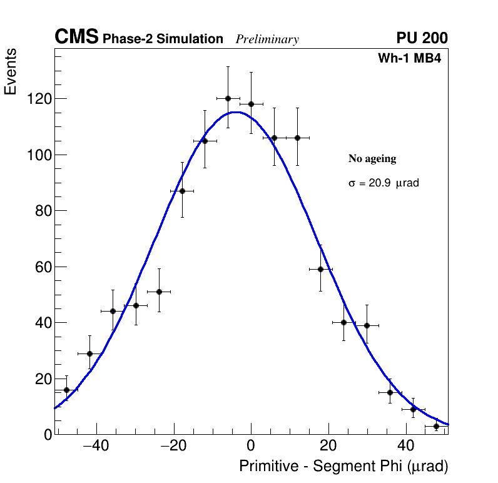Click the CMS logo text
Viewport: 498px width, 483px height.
coord(76,38)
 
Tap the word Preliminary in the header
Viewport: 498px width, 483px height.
coord(267,39)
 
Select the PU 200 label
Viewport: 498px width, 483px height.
coord(422,38)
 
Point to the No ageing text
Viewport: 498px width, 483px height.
coord(372,159)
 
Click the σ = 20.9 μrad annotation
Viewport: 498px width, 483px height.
coord(383,183)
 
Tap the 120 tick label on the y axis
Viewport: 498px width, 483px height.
coord(39,99)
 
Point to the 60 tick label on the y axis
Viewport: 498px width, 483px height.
coord(43,267)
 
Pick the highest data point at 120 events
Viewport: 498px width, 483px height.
coord(228,98)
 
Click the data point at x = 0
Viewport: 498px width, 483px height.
coord(251,104)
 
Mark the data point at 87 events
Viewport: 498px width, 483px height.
coord(182,191)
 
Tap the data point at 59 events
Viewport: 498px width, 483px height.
coord(320,269)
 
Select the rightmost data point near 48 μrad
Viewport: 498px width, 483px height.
coord(436,426)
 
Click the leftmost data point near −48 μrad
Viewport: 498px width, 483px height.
coord(66,390)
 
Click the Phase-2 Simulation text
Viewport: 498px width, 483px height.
coord(163,39)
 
